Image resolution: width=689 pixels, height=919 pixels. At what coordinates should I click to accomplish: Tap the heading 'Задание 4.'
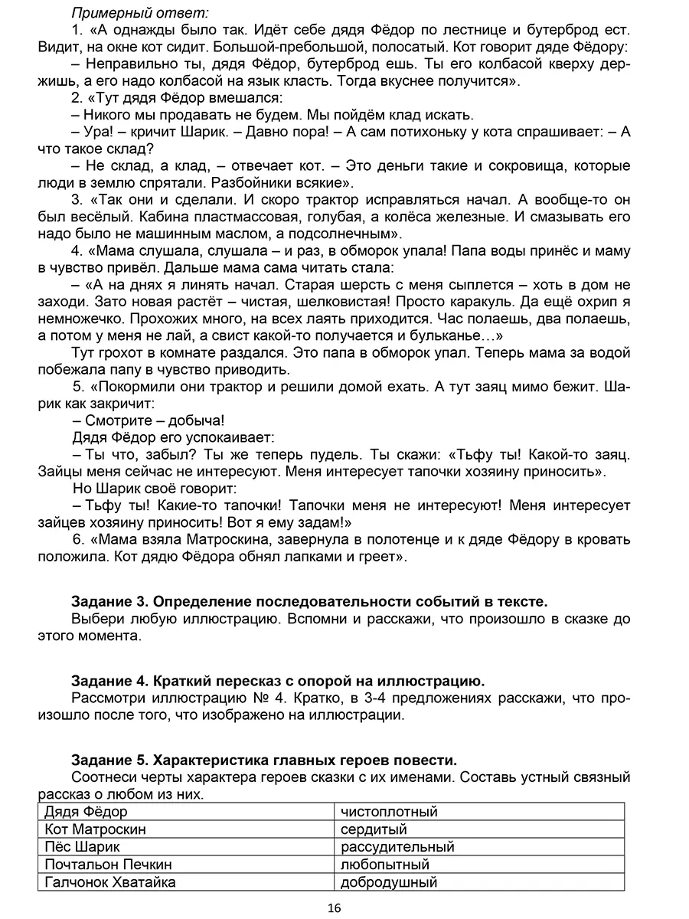tap(109, 680)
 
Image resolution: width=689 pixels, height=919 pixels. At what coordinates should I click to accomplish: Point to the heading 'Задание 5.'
tap(109, 760)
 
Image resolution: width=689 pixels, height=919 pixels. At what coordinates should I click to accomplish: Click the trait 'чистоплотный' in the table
tap(389, 812)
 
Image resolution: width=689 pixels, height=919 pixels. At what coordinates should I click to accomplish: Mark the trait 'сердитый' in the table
tap(374, 829)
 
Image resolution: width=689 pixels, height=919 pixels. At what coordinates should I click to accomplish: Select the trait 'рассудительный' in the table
tap(397, 847)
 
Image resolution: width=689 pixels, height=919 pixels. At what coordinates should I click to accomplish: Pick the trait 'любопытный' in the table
tap(385, 865)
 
